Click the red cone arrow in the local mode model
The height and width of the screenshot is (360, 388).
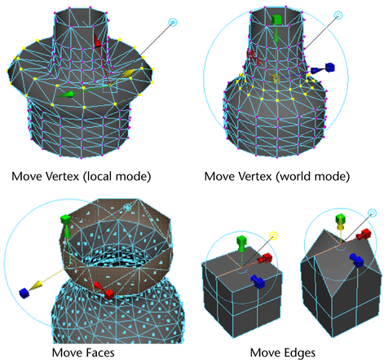click(x=98, y=42)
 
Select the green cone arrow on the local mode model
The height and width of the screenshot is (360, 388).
click(x=66, y=94)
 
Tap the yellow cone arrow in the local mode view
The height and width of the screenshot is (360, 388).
click(x=129, y=72)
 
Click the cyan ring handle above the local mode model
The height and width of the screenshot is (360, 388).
click(x=173, y=22)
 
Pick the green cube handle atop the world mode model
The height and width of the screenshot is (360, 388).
click(x=276, y=20)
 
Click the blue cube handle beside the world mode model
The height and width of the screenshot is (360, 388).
click(x=329, y=68)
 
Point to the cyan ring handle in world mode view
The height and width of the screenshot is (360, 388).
click(x=338, y=15)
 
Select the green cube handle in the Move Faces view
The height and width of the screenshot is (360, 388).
click(x=65, y=219)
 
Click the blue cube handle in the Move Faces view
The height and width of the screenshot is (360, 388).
click(x=24, y=293)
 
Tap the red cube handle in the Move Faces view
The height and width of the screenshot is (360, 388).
click(x=108, y=294)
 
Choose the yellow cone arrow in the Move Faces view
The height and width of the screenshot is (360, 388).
click(x=36, y=285)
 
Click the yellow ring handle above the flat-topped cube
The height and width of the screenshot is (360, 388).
click(x=273, y=236)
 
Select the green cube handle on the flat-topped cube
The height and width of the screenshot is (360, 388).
click(x=241, y=241)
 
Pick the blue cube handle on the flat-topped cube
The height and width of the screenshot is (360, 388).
click(x=258, y=282)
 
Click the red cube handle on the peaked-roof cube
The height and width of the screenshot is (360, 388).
click(x=364, y=234)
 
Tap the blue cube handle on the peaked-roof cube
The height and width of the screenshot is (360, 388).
click(x=357, y=260)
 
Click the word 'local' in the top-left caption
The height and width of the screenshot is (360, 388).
click(x=99, y=176)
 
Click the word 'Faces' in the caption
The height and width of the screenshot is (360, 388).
click(x=99, y=353)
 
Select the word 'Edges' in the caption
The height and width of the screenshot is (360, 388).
click(x=299, y=353)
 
